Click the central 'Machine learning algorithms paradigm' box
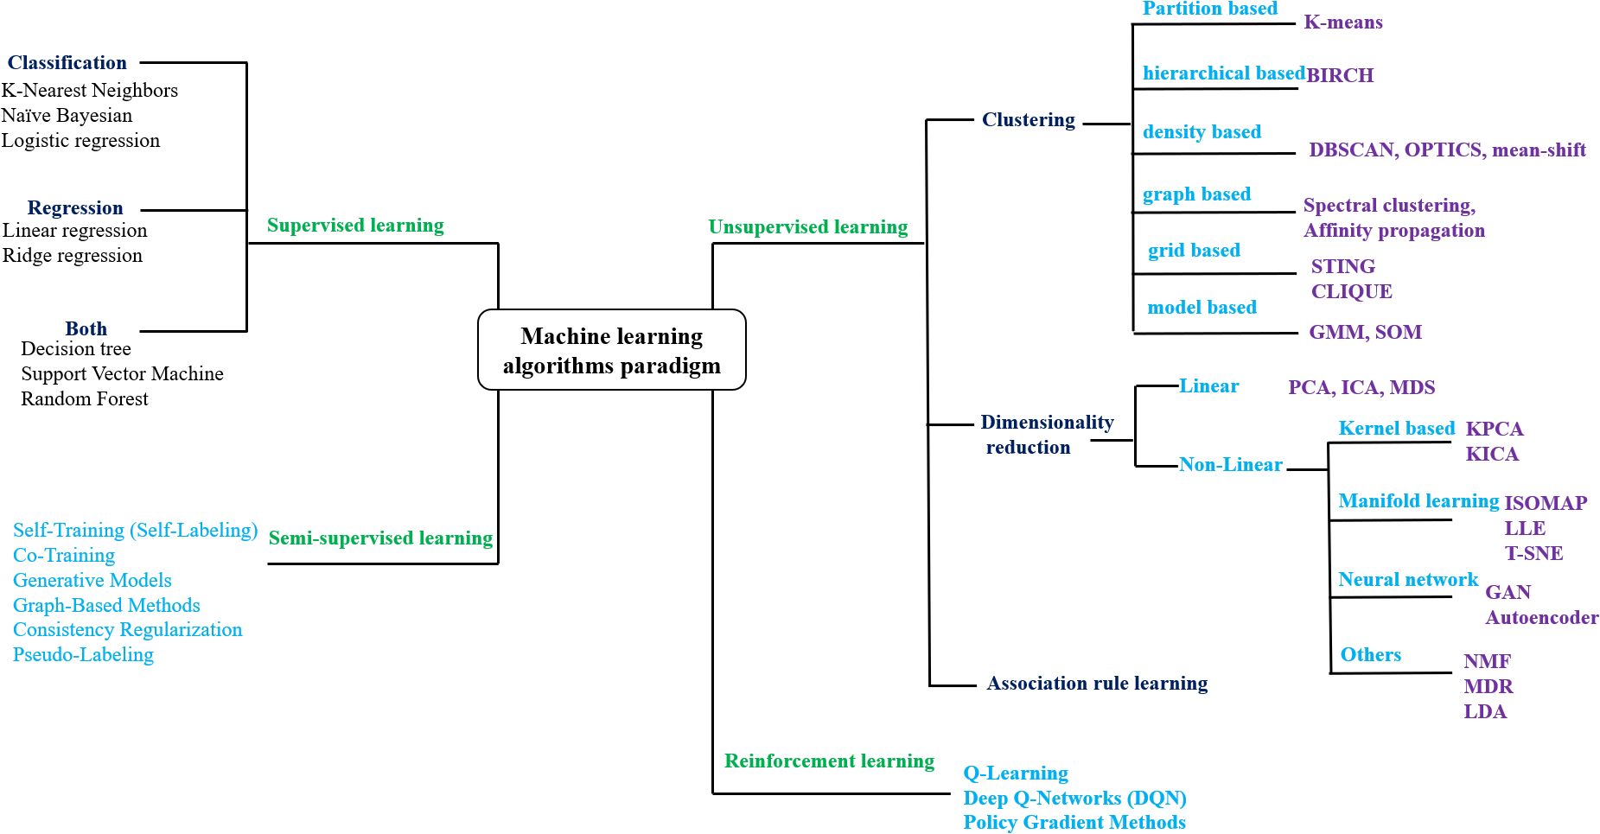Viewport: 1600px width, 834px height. coord(611,350)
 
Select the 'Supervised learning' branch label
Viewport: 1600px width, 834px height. coord(355,226)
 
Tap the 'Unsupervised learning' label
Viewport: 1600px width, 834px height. coord(807,227)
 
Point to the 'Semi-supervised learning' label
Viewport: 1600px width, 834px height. coord(380,538)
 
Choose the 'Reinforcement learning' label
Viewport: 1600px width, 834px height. coord(829,761)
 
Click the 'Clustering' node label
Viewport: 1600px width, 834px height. coord(1028,120)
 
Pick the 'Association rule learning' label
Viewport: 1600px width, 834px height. coord(1097,684)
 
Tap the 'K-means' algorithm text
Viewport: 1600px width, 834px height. coord(1342,22)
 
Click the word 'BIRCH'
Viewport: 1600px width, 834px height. coord(1340,75)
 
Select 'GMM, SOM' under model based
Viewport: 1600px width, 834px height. coord(1365,332)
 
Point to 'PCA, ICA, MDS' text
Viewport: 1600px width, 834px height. coord(1361,387)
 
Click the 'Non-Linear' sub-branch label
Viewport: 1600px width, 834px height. coord(1230,465)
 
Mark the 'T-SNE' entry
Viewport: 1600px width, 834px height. coord(1533,553)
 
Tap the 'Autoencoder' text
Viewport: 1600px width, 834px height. coord(1541,618)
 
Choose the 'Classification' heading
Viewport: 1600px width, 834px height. coord(67,63)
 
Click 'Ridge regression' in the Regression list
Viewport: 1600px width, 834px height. coord(73,256)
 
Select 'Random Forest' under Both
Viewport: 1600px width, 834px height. coord(85,399)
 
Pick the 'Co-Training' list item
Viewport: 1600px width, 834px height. coord(64,556)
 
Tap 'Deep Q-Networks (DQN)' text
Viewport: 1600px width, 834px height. coord(1074,799)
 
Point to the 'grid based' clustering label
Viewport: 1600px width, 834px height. coord(1194,251)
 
